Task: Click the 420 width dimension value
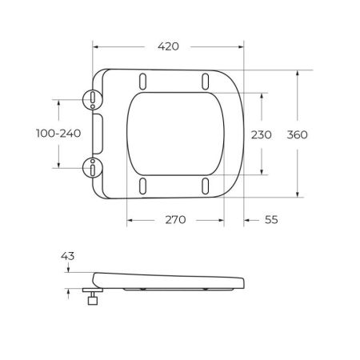tap(167, 46)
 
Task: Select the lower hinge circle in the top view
tap(94, 168)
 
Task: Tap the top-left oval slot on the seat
tap(143, 81)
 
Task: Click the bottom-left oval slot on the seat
tap(143, 186)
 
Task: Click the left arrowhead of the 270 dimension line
tap(130, 220)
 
